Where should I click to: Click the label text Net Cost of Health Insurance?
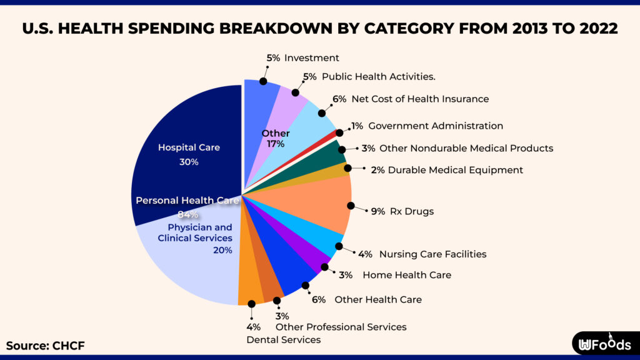pos(419,99)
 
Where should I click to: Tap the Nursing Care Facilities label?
pos(432,254)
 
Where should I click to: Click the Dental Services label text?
pos(283,340)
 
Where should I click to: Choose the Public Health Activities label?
pos(378,76)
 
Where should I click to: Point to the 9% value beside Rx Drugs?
pos(377,211)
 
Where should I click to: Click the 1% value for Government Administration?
pos(357,126)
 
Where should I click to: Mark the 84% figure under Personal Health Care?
pos(187,215)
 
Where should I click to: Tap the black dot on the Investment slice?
pos(263,81)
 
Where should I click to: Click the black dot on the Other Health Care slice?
pos(305,286)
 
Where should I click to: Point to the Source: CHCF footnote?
pos(45,346)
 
